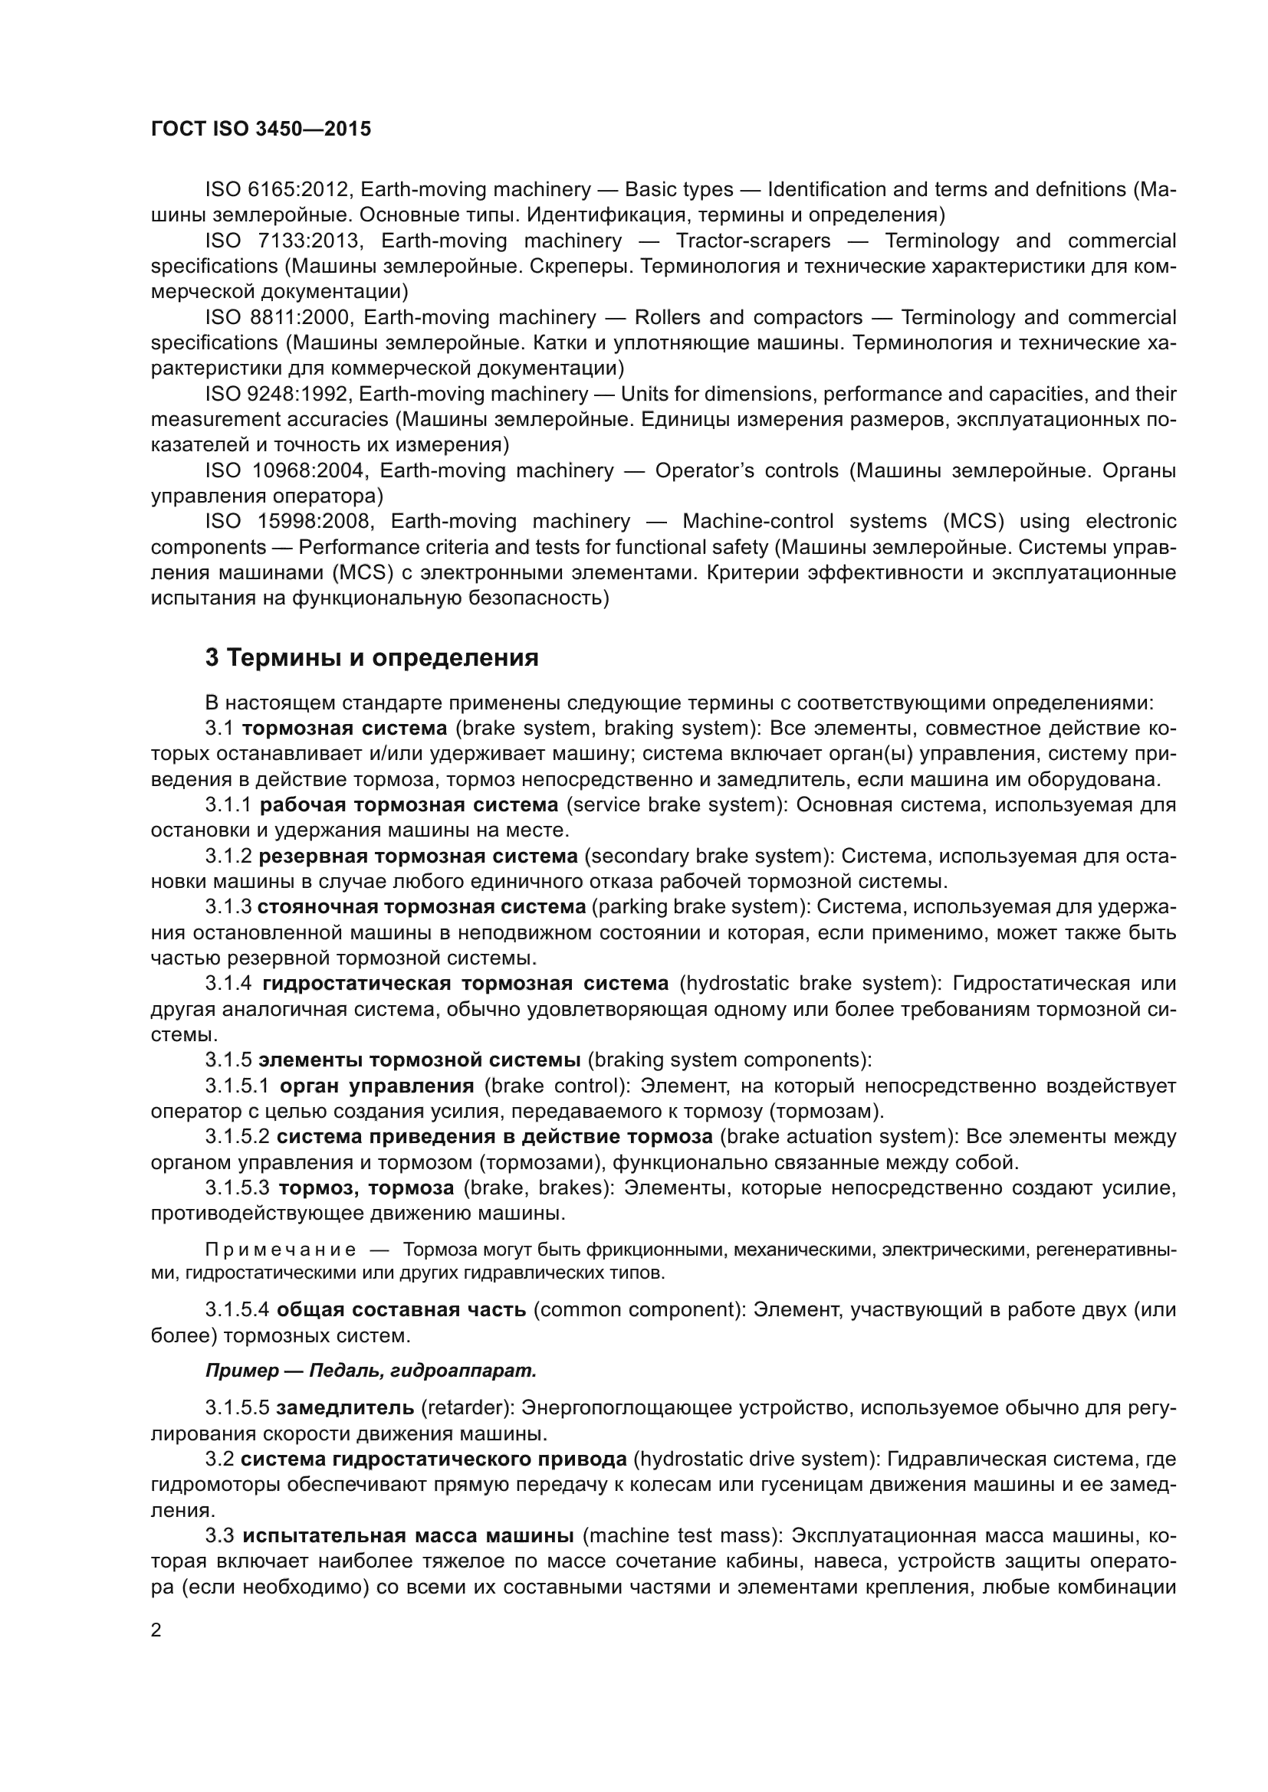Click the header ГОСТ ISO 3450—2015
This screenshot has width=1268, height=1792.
[261, 129]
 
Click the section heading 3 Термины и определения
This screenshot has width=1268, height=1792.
[372, 658]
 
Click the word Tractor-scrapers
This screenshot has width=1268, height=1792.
[753, 241]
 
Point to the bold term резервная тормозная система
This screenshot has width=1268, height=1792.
[418, 856]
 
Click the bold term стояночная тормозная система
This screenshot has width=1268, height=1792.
[421, 906]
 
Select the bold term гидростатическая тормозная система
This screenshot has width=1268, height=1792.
[465, 983]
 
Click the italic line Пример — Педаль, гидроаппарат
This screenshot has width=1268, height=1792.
[371, 1370]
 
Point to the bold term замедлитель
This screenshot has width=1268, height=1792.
[345, 1407]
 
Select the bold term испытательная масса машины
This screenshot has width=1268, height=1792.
[408, 1535]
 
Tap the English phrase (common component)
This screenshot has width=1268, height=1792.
[639, 1309]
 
